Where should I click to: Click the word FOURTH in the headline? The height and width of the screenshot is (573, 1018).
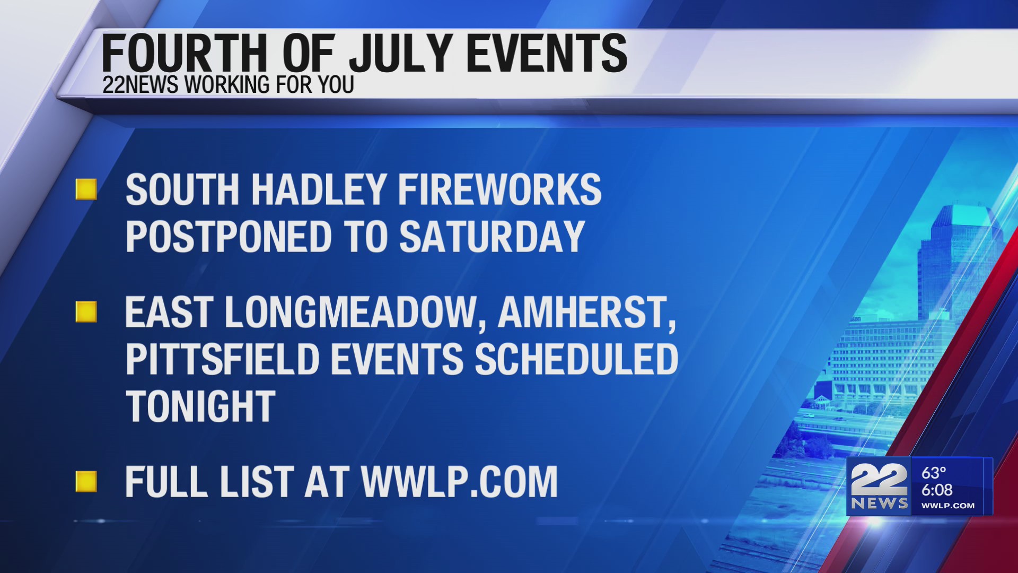[x=183, y=53]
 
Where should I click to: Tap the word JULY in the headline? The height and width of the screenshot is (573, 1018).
[x=401, y=53]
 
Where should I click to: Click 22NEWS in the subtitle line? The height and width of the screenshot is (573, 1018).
[x=140, y=85]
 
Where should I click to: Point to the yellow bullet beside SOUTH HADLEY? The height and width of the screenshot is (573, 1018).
[x=86, y=189]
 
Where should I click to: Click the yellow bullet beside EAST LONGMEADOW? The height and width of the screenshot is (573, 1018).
[x=86, y=312]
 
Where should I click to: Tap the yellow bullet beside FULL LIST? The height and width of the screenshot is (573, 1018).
[x=86, y=482]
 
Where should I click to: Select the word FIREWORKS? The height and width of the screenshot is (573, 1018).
[x=499, y=190]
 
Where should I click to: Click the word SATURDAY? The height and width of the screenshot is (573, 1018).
[x=492, y=237]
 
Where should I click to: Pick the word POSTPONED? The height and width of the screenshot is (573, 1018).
[x=229, y=237]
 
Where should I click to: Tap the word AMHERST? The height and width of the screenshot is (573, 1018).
[x=586, y=312]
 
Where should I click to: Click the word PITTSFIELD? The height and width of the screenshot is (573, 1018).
[x=222, y=360]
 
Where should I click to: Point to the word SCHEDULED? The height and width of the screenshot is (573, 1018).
[x=576, y=360]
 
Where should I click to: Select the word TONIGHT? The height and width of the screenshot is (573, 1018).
[x=200, y=406]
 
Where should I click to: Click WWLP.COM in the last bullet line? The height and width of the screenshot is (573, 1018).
[x=459, y=482]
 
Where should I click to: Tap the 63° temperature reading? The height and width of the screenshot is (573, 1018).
[x=934, y=472]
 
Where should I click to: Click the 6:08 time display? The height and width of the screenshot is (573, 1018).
[x=937, y=490]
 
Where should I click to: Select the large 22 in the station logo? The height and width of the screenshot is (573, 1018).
[x=879, y=480]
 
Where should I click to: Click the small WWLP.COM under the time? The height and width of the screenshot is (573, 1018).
[x=947, y=506]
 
